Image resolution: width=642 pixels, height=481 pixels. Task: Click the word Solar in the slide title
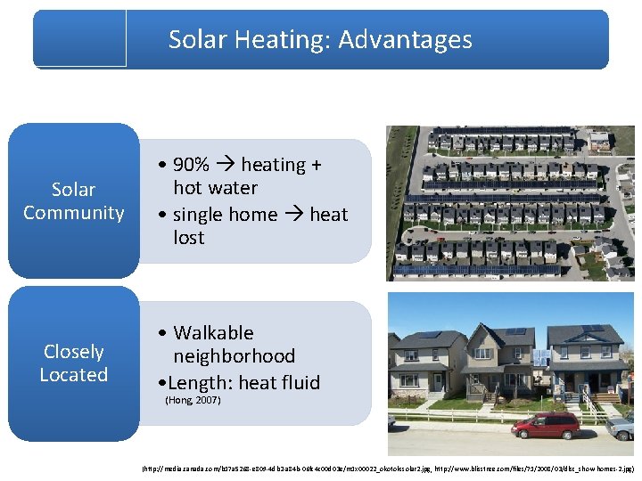coord(197,39)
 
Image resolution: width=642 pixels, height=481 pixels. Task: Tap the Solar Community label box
coord(74,201)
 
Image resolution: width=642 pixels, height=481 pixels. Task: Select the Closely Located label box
coord(74,363)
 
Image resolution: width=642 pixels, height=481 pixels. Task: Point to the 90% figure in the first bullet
coord(191,165)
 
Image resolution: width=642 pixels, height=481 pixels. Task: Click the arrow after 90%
coord(225,165)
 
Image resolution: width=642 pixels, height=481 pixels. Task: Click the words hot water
coord(215,188)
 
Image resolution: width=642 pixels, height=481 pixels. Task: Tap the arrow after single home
coord(293,215)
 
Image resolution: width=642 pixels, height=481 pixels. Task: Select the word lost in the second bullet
coord(189,238)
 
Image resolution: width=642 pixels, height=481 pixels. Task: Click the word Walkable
coord(213,333)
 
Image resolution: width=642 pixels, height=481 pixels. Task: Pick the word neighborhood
coord(234,356)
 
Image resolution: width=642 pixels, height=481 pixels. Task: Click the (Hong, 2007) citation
coord(193,401)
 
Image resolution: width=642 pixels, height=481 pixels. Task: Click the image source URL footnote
coord(388,468)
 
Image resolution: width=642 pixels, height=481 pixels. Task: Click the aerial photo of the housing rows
coord(510,202)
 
